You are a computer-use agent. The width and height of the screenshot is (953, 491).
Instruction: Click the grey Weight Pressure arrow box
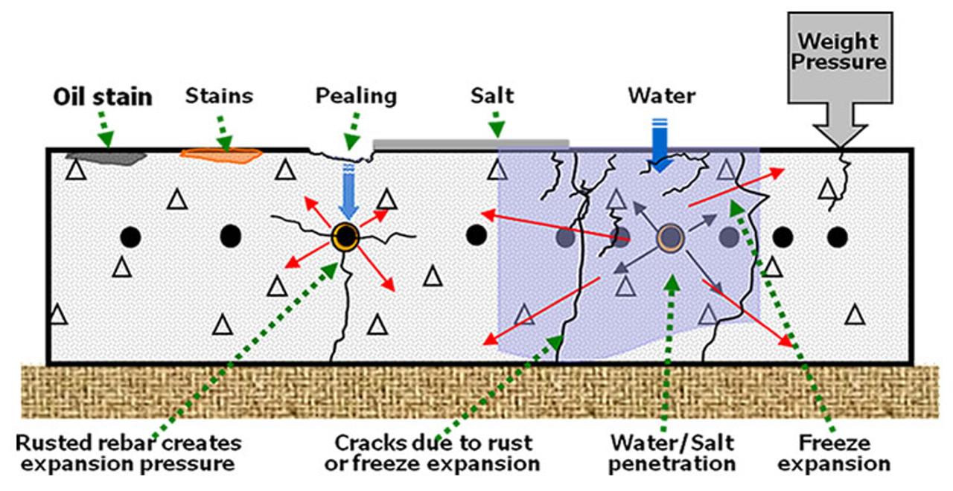click(x=839, y=67)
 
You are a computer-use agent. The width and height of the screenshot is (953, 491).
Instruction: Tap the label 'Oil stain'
click(x=103, y=97)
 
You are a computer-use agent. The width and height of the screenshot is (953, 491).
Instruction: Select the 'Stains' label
click(x=219, y=95)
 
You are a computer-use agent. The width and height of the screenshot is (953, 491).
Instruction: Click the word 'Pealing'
click(x=356, y=95)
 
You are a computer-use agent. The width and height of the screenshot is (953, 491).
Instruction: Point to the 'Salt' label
click(x=492, y=95)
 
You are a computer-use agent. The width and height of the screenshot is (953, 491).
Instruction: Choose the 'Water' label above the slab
click(x=662, y=95)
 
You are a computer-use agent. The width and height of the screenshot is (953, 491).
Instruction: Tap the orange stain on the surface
click(x=221, y=155)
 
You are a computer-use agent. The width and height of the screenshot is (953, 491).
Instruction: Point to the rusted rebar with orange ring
click(x=345, y=237)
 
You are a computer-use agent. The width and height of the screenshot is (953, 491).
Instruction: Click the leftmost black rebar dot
click(x=130, y=237)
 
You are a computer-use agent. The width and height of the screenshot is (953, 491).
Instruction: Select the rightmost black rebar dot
click(x=838, y=237)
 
